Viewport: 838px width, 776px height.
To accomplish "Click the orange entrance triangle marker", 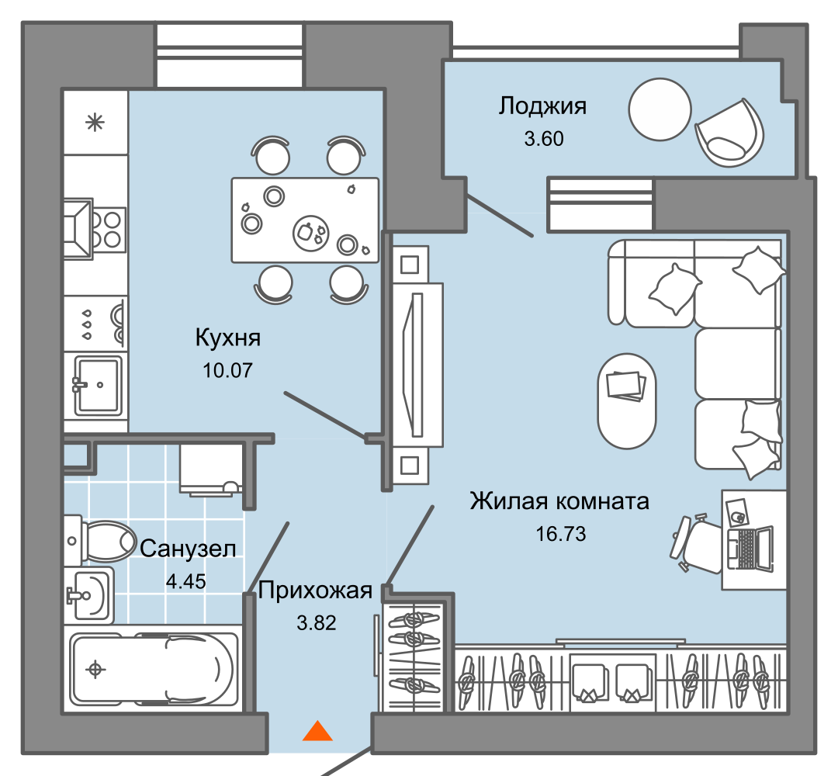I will coord(317,731).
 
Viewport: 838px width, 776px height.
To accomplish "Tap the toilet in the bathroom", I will coord(101,539).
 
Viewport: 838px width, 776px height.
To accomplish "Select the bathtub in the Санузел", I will coord(152,669).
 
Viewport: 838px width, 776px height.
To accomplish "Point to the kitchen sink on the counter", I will coord(97,384).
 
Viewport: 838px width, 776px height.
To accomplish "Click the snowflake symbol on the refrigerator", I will coord(95,123).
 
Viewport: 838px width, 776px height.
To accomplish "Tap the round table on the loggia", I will coord(660,109).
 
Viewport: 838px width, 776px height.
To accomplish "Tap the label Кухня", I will coord(227,338).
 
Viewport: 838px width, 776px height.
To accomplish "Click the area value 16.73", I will coord(559,534).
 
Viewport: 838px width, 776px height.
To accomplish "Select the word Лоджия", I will coord(542,106).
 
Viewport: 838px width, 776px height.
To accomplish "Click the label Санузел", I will coord(188,549).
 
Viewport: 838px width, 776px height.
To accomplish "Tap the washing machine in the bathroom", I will coord(210,469).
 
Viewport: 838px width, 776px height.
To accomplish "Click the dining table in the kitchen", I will coord(305,220).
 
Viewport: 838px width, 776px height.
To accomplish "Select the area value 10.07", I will coord(227,370).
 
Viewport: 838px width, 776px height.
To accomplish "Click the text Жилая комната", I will coord(559,501).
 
